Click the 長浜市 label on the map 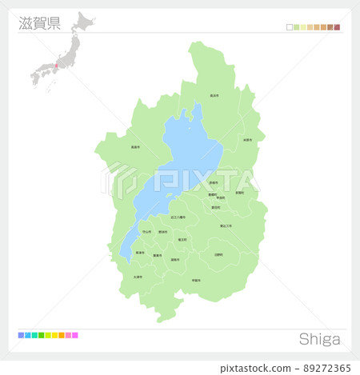pyautogui.click(x=214, y=95)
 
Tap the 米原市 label pyautogui.click(x=247, y=140)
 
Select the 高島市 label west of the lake pyautogui.click(x=135, y=146)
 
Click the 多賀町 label pyautogui.click(x=240, y=193)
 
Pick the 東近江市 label pyautogui.click(x=226, y=226)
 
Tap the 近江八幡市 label pyautogui.click(x=178, y=217)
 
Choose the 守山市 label pyautogui.click(x=146, y=232)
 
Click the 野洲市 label pyautogui.click(x=163, y=232)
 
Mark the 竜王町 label pyautogui.click(x=183, y=239)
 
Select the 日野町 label pyautogui.click(x=218, y=254)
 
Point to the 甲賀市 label pyautogui.click(x=196, y=281)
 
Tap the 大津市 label pyautogui.click(x=138, y=277)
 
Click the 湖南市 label pyautogui.click(x=175, y=259)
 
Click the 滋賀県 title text pyautogui.click(x=39, y=22)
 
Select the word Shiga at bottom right pyautogui.click(x=319, y=339)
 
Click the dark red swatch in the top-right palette pyautogui.click(x=338, y=27)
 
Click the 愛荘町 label pyautogui.click(x=216, y=207)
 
